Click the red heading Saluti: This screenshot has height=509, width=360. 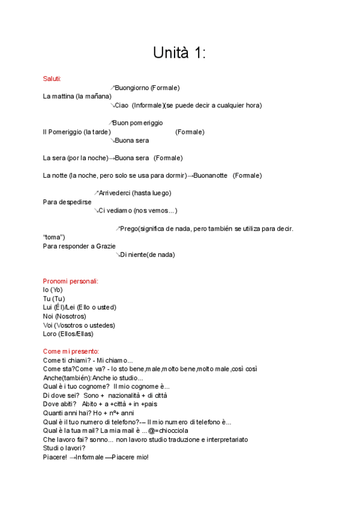[52, 79]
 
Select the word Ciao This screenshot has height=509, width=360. [122, 105]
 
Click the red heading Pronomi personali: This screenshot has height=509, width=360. [71, 281]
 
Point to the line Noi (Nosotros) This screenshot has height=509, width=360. [64, 316]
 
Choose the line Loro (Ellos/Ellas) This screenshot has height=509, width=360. [68, 334]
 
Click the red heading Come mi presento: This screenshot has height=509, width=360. [71, 351]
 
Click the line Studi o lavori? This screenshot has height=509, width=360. [64, 448]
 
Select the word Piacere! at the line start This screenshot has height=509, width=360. [55, 457]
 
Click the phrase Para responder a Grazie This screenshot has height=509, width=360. [79, 245]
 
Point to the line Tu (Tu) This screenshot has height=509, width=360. [54, 298]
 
